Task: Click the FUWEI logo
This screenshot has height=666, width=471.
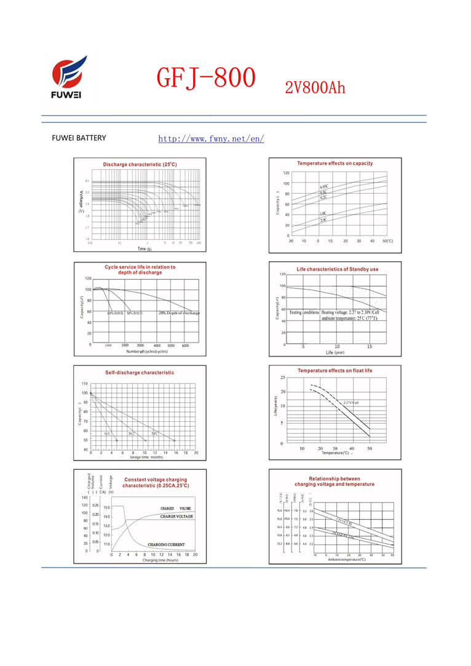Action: (x=68, y=78)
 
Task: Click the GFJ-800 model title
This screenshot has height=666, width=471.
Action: (x=205, y=78)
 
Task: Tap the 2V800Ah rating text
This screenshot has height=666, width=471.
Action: (x=315, y=88)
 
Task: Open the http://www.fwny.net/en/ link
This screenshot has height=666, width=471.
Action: (x=211, y=138)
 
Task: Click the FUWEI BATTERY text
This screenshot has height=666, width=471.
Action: (x=79, y=138)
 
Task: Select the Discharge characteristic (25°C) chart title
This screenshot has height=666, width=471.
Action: (x=140, y=165)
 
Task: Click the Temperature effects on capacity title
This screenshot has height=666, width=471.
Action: (x=335, y=164)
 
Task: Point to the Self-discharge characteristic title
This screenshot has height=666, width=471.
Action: (x=140, y=373)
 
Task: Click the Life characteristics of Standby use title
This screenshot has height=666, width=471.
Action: (x=338, y=269)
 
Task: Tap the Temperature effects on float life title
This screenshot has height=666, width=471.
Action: (x=335, y=371)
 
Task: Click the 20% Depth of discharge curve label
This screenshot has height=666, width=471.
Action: (x=179, y=313)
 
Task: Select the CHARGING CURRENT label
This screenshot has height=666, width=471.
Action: (x=166, y=545)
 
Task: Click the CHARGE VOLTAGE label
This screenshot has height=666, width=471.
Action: (x=176, y=517)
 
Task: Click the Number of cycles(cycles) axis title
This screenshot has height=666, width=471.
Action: (x=147, y=352)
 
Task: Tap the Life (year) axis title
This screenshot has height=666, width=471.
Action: (x=335, y=353)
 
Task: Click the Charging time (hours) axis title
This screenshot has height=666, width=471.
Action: (x=160, y=560)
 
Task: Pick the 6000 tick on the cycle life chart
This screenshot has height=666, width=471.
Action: (x=185, y=346)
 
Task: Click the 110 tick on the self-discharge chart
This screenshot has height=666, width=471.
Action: (x=85, y=384)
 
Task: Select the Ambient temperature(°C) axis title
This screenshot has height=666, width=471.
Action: (x=347, y=560)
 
